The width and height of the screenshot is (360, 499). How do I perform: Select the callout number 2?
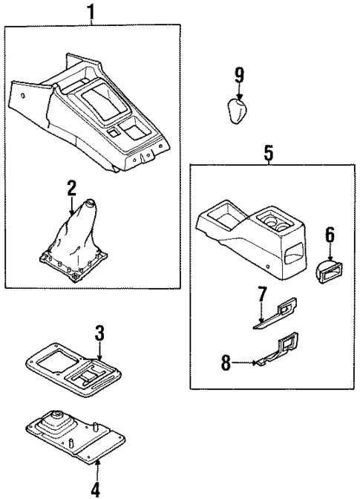72,188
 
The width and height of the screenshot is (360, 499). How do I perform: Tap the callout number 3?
99,332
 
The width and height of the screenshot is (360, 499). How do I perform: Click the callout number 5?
269,154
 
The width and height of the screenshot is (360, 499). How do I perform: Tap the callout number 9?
239,74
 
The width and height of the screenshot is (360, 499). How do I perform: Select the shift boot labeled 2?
72,241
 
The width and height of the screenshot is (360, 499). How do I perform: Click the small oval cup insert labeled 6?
327,269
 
